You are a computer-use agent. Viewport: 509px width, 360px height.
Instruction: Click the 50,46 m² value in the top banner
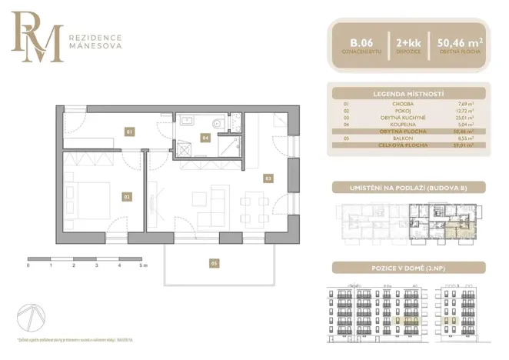(x=460, y=43)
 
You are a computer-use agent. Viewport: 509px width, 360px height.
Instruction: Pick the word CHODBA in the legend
(x=404, y=103)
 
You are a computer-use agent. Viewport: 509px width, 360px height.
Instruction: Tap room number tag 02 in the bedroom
(x=127, y=196)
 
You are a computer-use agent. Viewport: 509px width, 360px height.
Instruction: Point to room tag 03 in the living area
(x=268, y=178)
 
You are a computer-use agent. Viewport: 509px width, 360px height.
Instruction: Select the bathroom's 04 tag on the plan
(x=205, y=138)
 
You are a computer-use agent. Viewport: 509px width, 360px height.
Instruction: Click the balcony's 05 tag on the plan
(x=215, y=263)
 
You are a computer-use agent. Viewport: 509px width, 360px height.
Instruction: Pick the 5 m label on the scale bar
(x=143, y=265)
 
